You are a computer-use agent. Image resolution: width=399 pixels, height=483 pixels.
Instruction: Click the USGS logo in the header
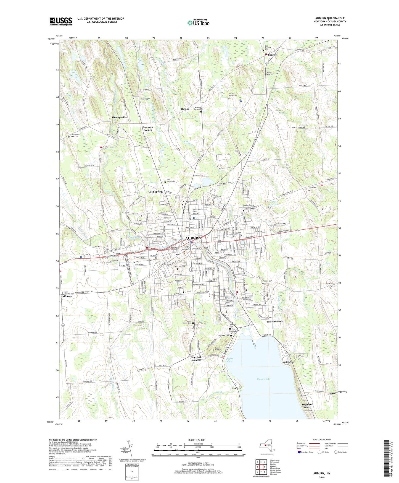(61, 21)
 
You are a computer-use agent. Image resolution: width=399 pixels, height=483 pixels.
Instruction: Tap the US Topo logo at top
(198, 23)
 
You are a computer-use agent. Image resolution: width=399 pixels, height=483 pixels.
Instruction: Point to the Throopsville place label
(119, 117)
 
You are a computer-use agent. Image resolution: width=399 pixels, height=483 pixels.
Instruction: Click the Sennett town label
(273, 55)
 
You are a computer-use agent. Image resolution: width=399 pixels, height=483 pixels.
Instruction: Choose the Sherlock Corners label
(196, 359)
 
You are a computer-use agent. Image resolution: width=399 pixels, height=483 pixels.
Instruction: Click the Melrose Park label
(275, 321)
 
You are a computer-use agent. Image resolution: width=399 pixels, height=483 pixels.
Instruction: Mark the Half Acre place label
(66, 296)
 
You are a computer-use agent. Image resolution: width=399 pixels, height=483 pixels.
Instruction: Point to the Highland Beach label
(308, 406)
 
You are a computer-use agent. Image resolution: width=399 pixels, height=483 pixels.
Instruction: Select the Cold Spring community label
(155, 192)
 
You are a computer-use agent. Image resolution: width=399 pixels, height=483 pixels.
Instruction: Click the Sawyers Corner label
(148, 129)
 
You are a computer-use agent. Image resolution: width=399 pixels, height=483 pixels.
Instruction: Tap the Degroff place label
(332, 394)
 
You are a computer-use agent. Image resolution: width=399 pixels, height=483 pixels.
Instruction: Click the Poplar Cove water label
(230, 360)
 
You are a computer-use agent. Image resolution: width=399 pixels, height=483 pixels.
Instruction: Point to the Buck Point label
(237, 388)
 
